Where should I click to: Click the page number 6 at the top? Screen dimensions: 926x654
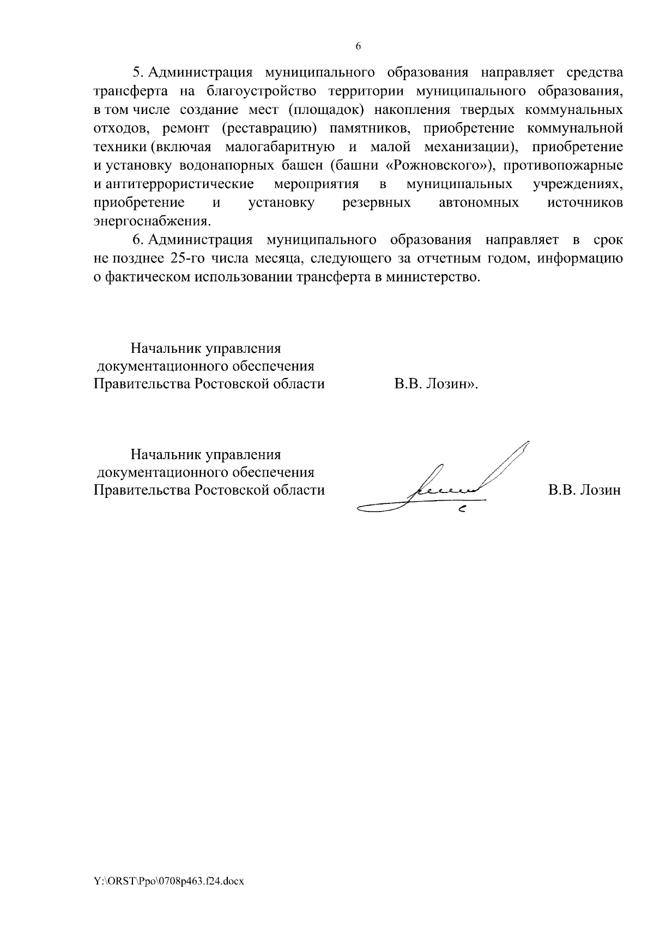(358, 46)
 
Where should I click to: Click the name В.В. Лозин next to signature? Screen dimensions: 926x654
(584, 490)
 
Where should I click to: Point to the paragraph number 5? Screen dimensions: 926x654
(137, 73)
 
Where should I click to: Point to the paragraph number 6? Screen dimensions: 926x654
(137, 240)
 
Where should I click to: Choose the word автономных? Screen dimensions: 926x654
(479, 203)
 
